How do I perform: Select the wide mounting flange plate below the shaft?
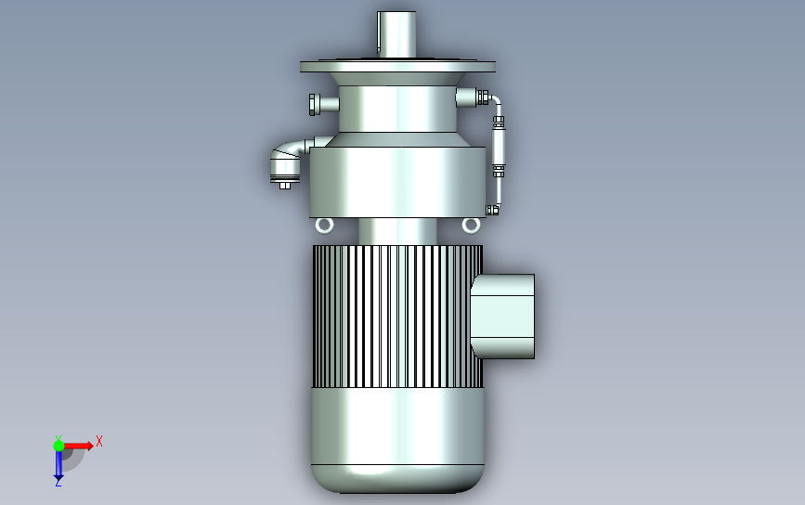tap(397, 67)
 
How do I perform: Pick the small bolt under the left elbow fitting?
tap(285, 186)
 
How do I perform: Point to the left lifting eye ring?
tap(324, 225)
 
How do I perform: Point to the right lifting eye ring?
tap(472, 225)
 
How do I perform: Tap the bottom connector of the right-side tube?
tap(492, 209)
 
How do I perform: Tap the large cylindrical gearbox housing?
tap(397, 181)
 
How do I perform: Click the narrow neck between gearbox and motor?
tap(397, 232)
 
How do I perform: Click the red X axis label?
tap(99, 441)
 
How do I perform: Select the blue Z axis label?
tap(58, 481)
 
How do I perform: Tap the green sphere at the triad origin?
tap(58, 446)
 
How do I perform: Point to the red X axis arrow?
tap(82, 447)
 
